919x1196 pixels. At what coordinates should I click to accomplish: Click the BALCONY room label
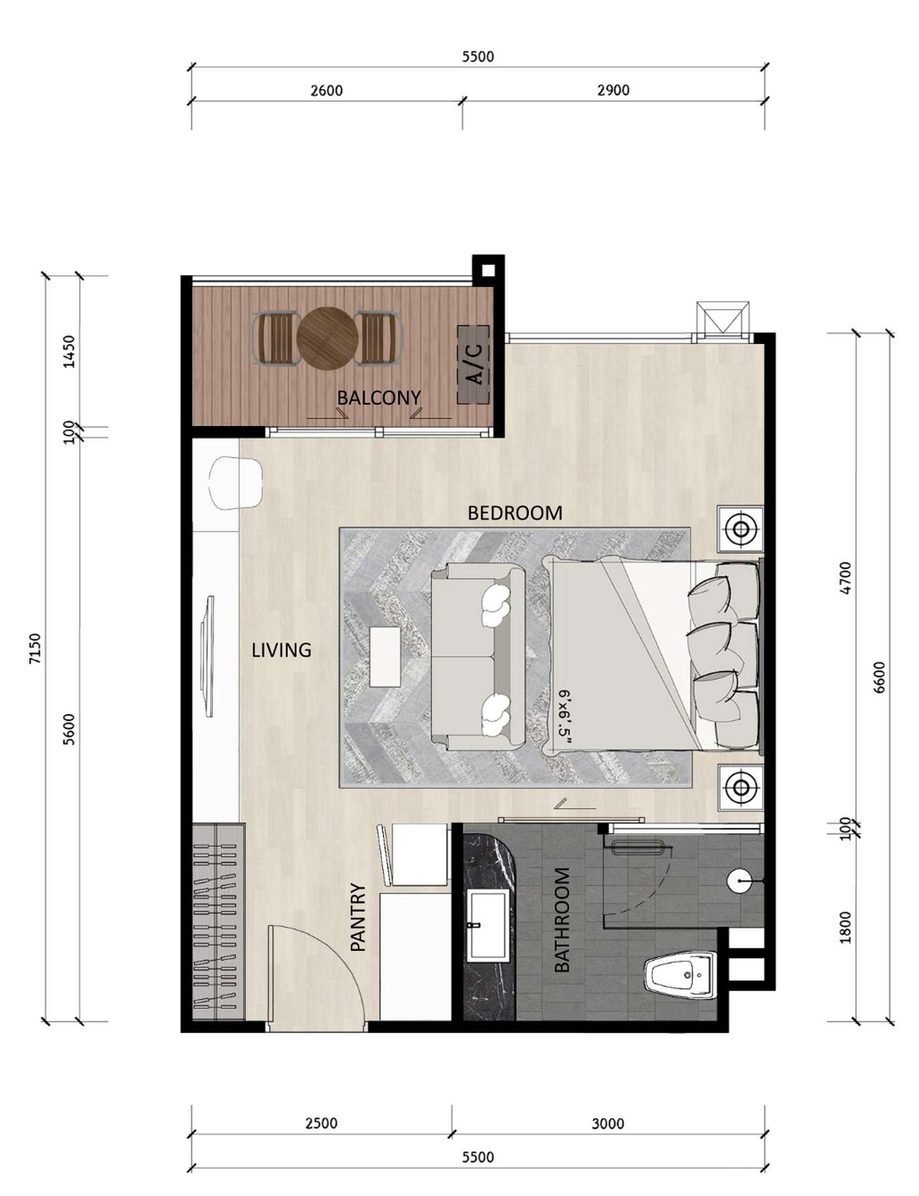click(x=379, y=397)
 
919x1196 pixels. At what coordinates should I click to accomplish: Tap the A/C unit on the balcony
click(x=473, y=364)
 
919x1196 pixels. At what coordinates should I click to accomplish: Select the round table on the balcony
click(x=328, y=339)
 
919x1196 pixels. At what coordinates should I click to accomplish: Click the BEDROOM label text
click(x=515, y=513)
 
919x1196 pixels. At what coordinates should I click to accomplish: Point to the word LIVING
click(x=281, y=650)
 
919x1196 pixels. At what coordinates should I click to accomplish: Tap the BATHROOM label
click(x=562, y=920)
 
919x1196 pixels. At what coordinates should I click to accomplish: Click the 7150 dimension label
click(x=35, y=648)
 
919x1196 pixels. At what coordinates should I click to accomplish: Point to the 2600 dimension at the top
click(x=326, y=91)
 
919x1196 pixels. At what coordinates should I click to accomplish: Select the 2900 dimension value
click(x=613, y=90)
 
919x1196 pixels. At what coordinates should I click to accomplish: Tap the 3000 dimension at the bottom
click(x=608, y=1123)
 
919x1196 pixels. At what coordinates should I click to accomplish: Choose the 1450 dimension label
click(x=69, y=352)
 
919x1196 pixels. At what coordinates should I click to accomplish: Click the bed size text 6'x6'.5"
click(x=565, y=716)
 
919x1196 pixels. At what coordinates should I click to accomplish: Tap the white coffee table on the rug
click(x=385, y=657)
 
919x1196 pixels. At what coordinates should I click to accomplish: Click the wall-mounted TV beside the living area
click(x=208, y=657)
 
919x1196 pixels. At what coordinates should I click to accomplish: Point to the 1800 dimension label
click(x=845, y=927)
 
